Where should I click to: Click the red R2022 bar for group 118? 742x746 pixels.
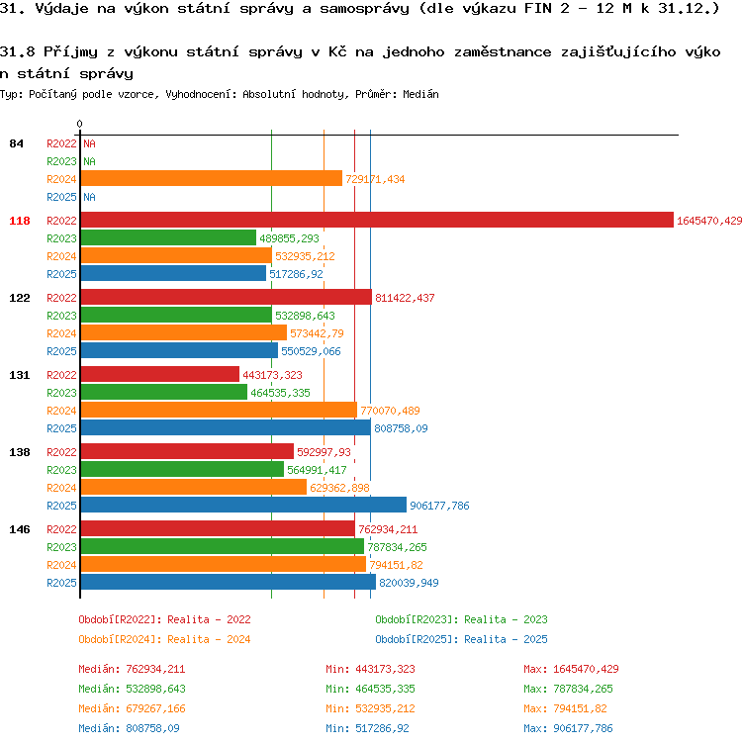point(377,220)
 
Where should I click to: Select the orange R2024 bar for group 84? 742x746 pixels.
point(211,178)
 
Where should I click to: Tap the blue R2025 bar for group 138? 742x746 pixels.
point(243,505)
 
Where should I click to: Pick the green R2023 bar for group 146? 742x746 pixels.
point(223,547)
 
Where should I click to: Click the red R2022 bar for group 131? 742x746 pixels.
point(160,374)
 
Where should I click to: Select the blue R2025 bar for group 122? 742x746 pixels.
point(179,350)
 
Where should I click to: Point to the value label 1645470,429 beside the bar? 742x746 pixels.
point(709,221)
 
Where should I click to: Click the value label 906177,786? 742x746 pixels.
point(439,506)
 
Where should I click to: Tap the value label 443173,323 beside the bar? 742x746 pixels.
point(272,375)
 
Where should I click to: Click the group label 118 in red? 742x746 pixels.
point(20,221)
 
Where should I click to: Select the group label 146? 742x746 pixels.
point(20,529)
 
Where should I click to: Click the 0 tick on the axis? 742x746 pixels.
point(79,124)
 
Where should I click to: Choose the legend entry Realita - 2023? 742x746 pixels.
point(506,619)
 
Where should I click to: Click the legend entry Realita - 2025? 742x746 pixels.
point(506,639)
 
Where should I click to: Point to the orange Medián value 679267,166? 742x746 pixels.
point(155,708)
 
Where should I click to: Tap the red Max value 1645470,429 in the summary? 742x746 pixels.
point(586,670)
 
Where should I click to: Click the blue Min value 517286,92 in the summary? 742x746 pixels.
point(382,728)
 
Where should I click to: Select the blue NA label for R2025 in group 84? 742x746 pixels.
point(89,197)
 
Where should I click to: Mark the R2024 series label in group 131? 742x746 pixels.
point(61,411)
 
